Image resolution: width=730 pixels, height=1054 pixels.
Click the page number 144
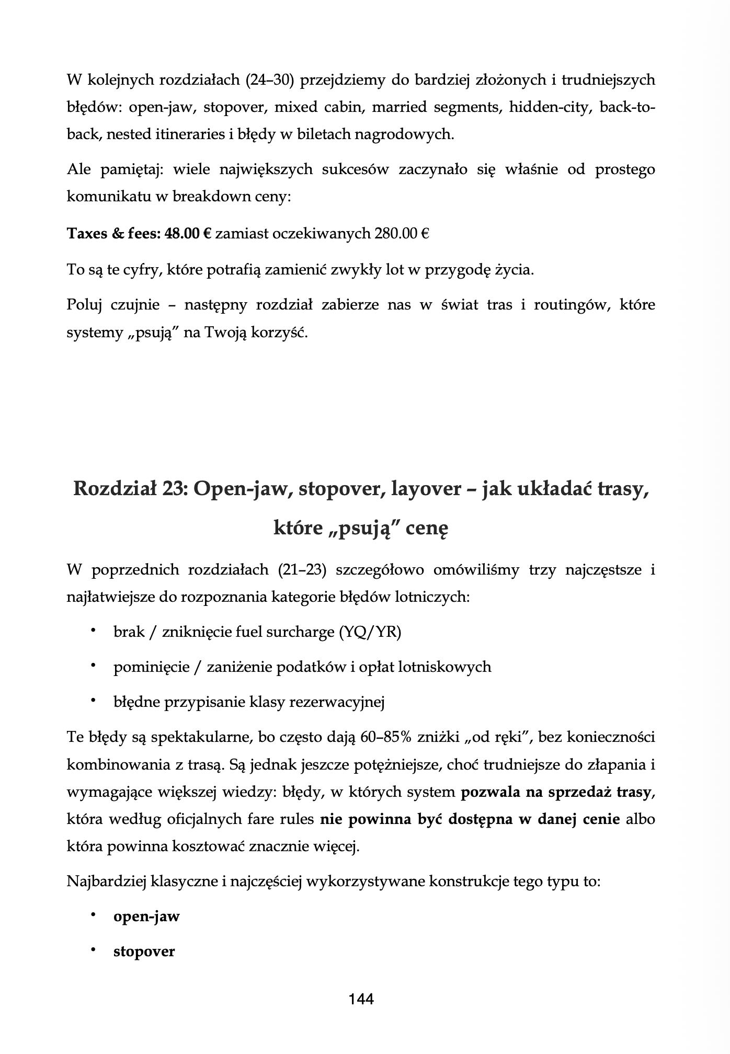tap(361, 999)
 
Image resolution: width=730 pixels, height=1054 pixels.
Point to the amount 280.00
tap(396, 234)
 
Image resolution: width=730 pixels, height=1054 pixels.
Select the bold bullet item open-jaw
tap(146, 916)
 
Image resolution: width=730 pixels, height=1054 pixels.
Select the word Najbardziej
tap(107, 881)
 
